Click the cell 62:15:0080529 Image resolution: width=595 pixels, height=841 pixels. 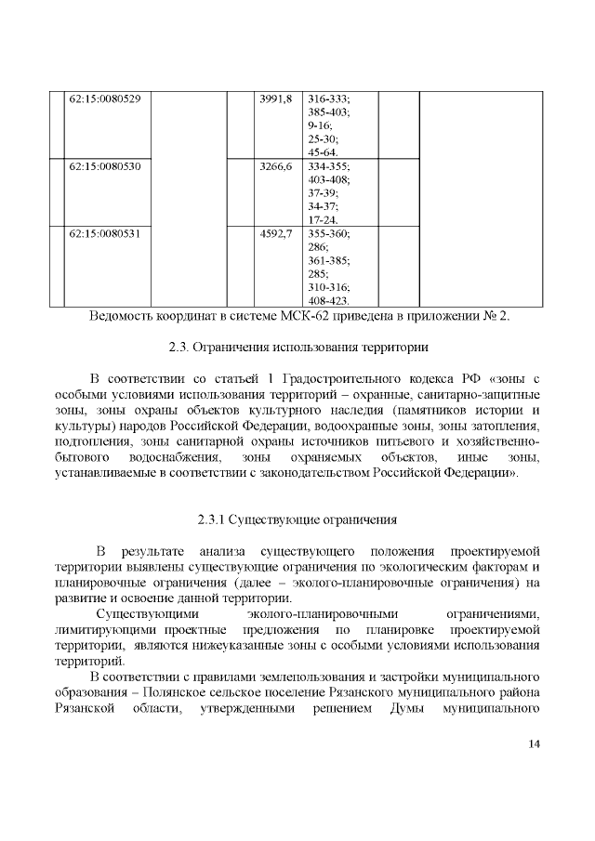coord(105,99)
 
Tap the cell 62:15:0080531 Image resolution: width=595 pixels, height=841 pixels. coord(105,234)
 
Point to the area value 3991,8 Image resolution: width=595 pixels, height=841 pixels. coord(276,99)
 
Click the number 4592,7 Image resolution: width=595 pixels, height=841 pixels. coord(276,234)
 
